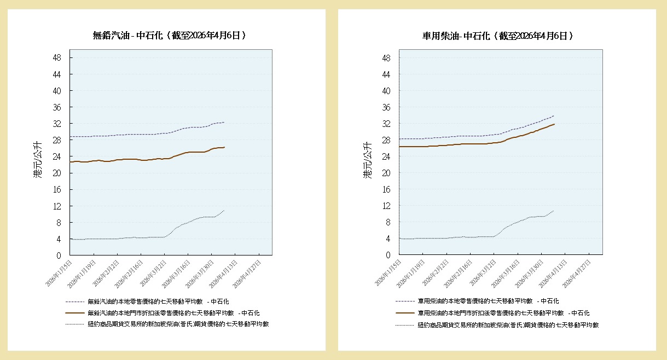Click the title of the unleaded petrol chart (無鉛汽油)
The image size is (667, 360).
click(x=169, y=36)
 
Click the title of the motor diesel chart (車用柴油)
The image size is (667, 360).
click(x=498, y=36)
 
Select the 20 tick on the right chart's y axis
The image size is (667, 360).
click(x=386, y=173)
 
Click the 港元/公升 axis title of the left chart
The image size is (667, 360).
click(x=37, y=160)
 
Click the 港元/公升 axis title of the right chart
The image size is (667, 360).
click(x=367, y=160)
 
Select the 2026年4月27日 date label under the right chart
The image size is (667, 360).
click(x=576, y=271)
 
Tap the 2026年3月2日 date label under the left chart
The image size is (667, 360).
click(x=152, y=271)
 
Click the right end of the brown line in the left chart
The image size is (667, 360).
click(x=224, y=147)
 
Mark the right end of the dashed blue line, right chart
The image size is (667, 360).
click(x=554, y=115)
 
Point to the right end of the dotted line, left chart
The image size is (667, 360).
click(x=224, y=210)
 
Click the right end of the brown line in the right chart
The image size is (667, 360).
click(x=554, y=124)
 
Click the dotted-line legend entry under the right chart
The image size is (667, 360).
click(x=508, y=325)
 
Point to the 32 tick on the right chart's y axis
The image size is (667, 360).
click(x=386, y=124)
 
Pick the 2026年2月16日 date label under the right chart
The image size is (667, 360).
click(x=459, y=271)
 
